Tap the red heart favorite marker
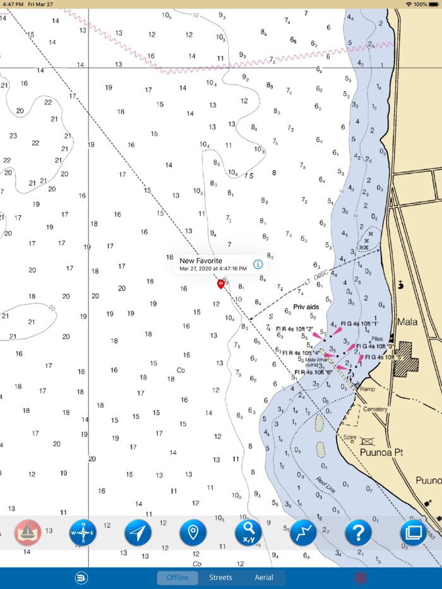pos(220,284)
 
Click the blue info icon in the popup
pos(258,264)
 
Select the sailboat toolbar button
pos(28,533)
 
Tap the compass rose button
pos(83,533)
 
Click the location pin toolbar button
pos(193,533)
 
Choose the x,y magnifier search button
pos(248,533)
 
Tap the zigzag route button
pos(303,533)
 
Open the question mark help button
pos(358,533)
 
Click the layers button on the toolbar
pos(413,533)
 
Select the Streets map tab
pos(220,578)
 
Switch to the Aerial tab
pos(264,578)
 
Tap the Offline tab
pos(177,578)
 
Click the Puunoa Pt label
pos(381,453)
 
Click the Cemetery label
pos(375,409)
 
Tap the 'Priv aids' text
pos(306,307)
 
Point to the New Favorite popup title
pos(201,260)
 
